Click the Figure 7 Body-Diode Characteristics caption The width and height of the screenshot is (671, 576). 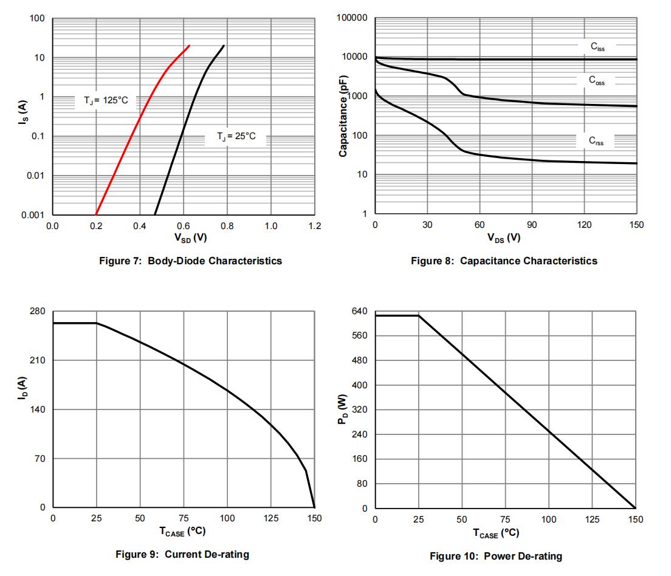pyautogui.click(x=190, y=261)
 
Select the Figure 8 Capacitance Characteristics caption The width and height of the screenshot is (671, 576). pyautogui.click(x=504, y=261)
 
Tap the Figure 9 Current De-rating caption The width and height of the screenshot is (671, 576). pyautogui.click(x=182, y=554)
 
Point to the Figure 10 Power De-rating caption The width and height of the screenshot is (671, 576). pyautogui.click(x=496, y=556)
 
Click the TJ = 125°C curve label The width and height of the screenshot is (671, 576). pyautogui.click(x=106, y=100)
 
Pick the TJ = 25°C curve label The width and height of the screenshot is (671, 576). pyautogui.click(x=236, y=137)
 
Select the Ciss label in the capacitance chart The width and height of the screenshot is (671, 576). pyautogui.click(x=597, y=46)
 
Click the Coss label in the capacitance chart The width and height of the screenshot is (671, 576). pyautogui.click(x=597, y=80)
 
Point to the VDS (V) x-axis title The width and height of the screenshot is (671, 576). pyautogui.click(x=504, y=238)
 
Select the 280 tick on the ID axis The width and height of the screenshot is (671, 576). pyautogui.click(x=38, y=311)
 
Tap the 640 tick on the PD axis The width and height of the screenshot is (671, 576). pyautogui.click(x=360, y=311)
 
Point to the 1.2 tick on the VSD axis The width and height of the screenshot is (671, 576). pyautogui.click(x=314, y=225)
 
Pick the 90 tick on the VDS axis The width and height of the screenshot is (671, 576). pyautogui.click(x=532, y=225)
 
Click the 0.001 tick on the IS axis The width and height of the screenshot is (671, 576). pyautogui.click(x=33, y=214)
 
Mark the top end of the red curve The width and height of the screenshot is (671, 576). pyautogui.click(x=190, y=46)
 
